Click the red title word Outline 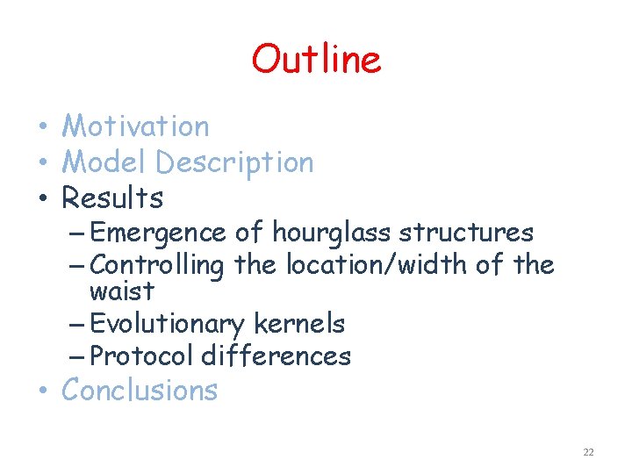pos(316,59)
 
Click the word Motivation pos(135,126)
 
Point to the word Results pos(112,198)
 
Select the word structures pos(466,233)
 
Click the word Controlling pos(157,264)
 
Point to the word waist pos(121,291)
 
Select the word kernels pos(298,324)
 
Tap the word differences pos(276,355)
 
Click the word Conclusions pos(140,390)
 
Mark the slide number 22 pos(588,452)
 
